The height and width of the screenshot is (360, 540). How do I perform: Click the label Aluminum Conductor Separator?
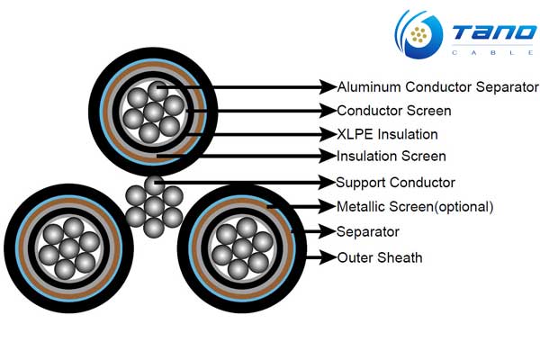pos(437,87)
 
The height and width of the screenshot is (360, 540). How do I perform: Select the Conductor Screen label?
pos(393,112)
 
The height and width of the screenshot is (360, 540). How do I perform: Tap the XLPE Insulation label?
pos(387,134)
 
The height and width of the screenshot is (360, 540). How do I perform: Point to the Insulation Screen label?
pos(391,157)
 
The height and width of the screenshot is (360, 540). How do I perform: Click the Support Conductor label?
pos(395,183)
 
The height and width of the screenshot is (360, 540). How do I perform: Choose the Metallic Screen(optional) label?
pos(415,207)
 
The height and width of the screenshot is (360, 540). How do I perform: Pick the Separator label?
pos(367,231)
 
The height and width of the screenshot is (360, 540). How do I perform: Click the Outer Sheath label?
pos(379,257)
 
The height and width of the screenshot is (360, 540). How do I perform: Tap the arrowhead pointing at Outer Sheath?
pos(328,257)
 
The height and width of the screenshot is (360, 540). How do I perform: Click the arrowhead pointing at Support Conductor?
pos(328,183)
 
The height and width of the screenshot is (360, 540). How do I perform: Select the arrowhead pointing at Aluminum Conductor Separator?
pos(328,87)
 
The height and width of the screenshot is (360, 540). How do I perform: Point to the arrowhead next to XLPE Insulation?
pos(328,134)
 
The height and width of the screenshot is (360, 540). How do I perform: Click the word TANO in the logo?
pos(492,34)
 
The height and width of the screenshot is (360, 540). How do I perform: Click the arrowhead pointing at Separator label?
pos(328,231)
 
